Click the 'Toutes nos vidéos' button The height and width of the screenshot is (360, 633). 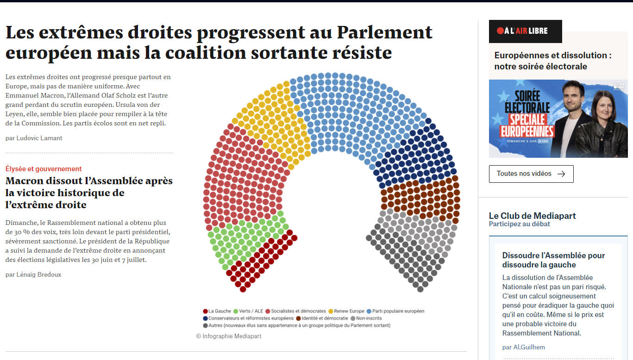coord(531,174)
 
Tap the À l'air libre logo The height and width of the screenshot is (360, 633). coord(525,31)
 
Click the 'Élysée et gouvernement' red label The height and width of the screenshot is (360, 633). coord(44,169)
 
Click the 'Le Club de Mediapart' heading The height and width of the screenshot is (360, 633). coord(532,216)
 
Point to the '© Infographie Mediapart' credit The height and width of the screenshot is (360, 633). coord(229,336)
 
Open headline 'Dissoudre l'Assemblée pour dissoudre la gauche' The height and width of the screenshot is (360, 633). coord(553,260)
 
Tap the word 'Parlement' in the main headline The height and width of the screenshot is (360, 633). coord(384,32)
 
